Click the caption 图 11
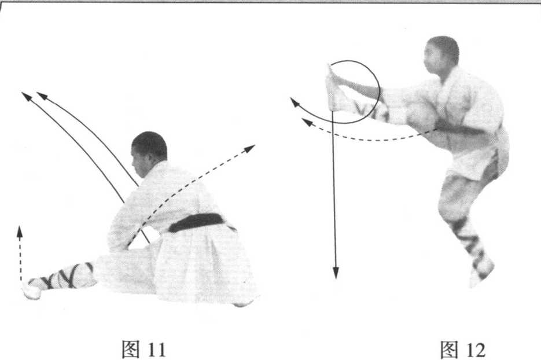(x=144, y=349)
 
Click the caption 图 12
(x=463, y=349)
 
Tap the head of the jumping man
(x=441, y=55)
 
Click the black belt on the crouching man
(x=197, y=222)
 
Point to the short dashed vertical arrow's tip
(x=20, y=226)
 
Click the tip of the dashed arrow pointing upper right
(x=255, y=145)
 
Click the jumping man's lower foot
(x=481, y=273)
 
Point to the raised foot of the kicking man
(x=333, y=88)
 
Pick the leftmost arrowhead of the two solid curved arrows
(x=22, y=93)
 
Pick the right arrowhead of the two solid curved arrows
(x=37, y=93)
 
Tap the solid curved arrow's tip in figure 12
(x=291, y=98)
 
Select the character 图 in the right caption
(x=450, y=349)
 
